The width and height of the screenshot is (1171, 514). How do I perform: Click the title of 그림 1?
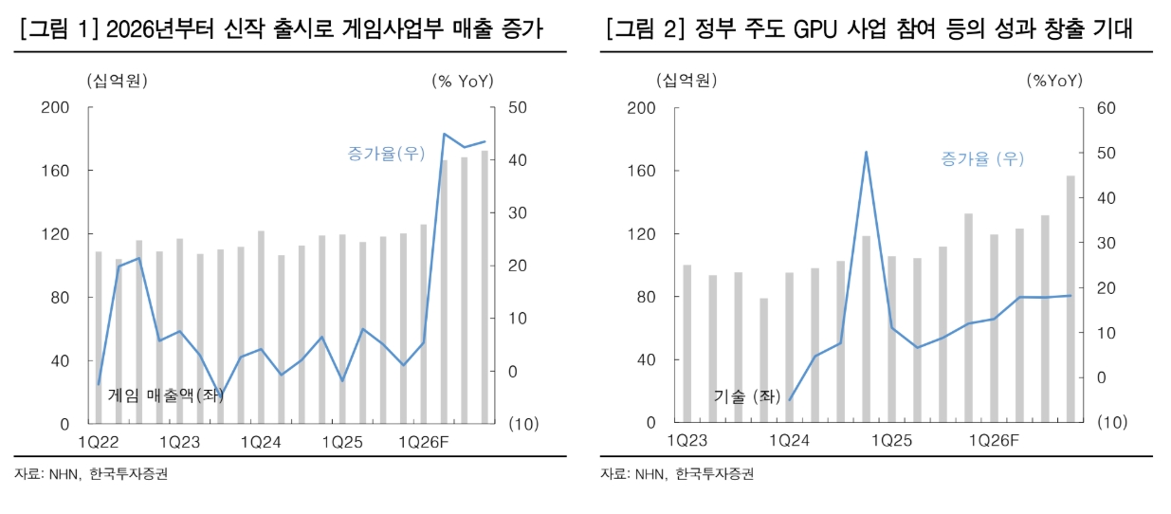[281, 29]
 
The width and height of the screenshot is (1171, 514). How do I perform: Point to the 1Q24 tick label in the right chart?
[789, 441]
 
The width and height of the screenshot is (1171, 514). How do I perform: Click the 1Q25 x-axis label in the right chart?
[891, 441]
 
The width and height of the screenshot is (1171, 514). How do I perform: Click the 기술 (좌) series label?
[747, 396]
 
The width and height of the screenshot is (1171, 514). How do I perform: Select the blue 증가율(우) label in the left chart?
[387, 153]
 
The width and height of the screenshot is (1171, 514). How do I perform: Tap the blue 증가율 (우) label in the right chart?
[982, 158]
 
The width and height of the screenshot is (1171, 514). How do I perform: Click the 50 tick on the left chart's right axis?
[518, 108]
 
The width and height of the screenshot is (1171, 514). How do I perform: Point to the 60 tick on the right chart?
[1107, 108]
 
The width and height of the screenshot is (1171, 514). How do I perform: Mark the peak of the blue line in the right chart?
[866, 152]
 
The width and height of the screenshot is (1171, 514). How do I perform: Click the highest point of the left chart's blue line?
[445, 135]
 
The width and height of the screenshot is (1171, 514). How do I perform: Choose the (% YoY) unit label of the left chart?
[463, 82]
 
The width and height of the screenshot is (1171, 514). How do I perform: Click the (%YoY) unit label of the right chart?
[1054, 82]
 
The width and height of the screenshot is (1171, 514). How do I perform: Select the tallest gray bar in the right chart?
[1070, 299]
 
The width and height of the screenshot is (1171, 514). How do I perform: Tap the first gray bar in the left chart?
[98, 337]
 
